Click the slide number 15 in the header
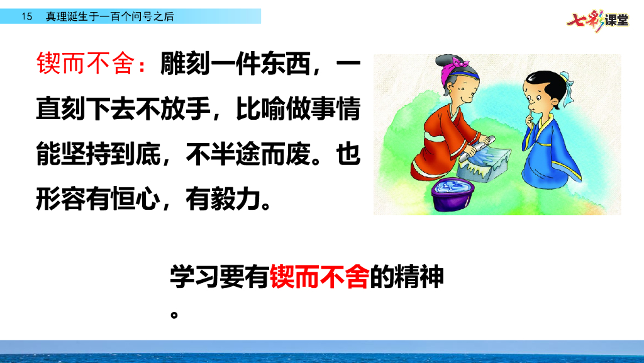click(x=26, y=17)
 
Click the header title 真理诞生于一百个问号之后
click(x=109, y=17)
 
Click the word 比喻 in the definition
click(x=260, y=110)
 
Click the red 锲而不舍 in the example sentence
click(x=319, y=277)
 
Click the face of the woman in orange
click(x=462, y=95)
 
